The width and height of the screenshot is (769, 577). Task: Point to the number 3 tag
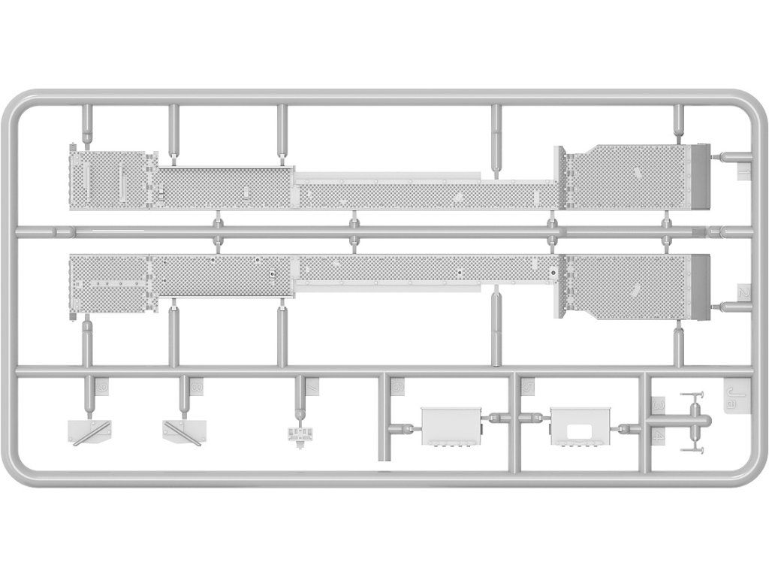coord(658,404)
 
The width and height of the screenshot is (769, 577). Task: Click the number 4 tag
coord(658,435)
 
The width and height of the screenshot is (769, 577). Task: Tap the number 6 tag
coord(398,388)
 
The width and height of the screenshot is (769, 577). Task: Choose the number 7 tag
coord(311,387)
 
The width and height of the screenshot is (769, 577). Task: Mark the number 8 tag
coord(196,387)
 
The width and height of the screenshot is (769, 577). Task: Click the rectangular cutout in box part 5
coord(579,431)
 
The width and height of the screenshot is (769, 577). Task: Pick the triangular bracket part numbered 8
coord(182,430)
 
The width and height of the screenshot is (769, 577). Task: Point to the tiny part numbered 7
coord(301,434)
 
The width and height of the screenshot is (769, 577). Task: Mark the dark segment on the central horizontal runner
coord(698,231)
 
